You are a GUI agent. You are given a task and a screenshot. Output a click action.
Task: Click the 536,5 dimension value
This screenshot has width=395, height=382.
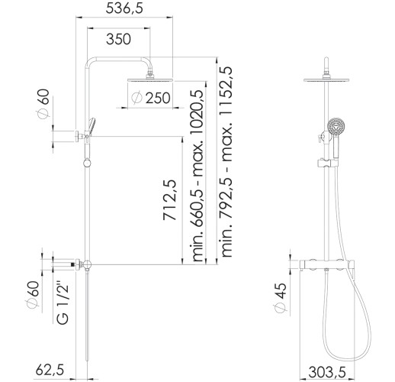[x=124, y=8]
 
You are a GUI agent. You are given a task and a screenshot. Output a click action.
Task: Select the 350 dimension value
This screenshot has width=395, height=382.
[x=118, y=39]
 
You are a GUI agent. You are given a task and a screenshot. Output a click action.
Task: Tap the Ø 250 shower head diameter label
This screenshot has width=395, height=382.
[x=151, y=98]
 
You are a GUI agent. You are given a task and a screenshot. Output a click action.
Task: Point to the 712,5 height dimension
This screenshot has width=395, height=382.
[x=169, y=200]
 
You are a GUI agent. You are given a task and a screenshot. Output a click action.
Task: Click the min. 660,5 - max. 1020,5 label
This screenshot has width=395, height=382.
[x=197, y=175]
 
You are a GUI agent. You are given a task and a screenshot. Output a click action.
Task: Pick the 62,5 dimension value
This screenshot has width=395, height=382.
[x=50, y=369]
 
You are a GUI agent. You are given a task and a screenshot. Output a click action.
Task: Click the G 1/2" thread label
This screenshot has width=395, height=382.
[x=63, y=303]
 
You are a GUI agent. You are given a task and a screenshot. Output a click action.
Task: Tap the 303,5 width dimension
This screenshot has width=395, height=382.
[x=327, y=372]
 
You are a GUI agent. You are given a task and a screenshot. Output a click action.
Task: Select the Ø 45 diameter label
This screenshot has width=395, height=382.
[x=280, y=297]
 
